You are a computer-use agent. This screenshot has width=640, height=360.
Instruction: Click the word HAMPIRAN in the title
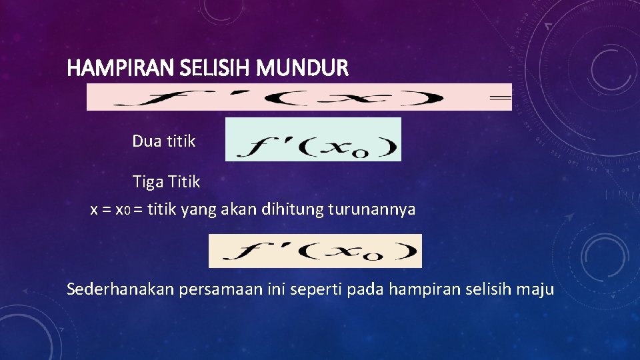110,68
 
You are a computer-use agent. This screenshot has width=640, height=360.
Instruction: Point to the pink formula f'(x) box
299,97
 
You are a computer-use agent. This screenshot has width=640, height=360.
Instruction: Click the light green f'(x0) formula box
313,140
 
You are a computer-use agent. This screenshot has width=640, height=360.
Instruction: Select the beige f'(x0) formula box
315,251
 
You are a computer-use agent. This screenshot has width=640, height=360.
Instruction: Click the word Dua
146,141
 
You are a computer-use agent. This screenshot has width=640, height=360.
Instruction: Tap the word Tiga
147,181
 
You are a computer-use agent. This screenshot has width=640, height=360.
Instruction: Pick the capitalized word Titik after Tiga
183,181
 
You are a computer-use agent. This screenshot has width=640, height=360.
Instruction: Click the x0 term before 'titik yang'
123,210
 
